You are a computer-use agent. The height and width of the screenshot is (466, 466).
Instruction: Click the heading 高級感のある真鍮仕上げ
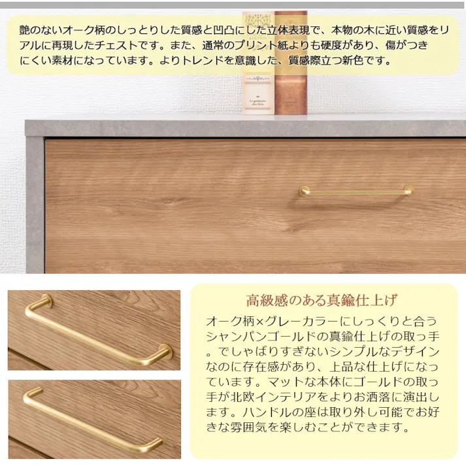(x=322, y=301)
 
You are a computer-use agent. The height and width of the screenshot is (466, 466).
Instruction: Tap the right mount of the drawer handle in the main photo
(x=408, y=190)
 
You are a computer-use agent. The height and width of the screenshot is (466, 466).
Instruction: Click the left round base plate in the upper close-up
(x=46, y=301)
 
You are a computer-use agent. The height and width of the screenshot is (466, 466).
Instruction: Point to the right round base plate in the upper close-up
(x=165, y=352)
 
